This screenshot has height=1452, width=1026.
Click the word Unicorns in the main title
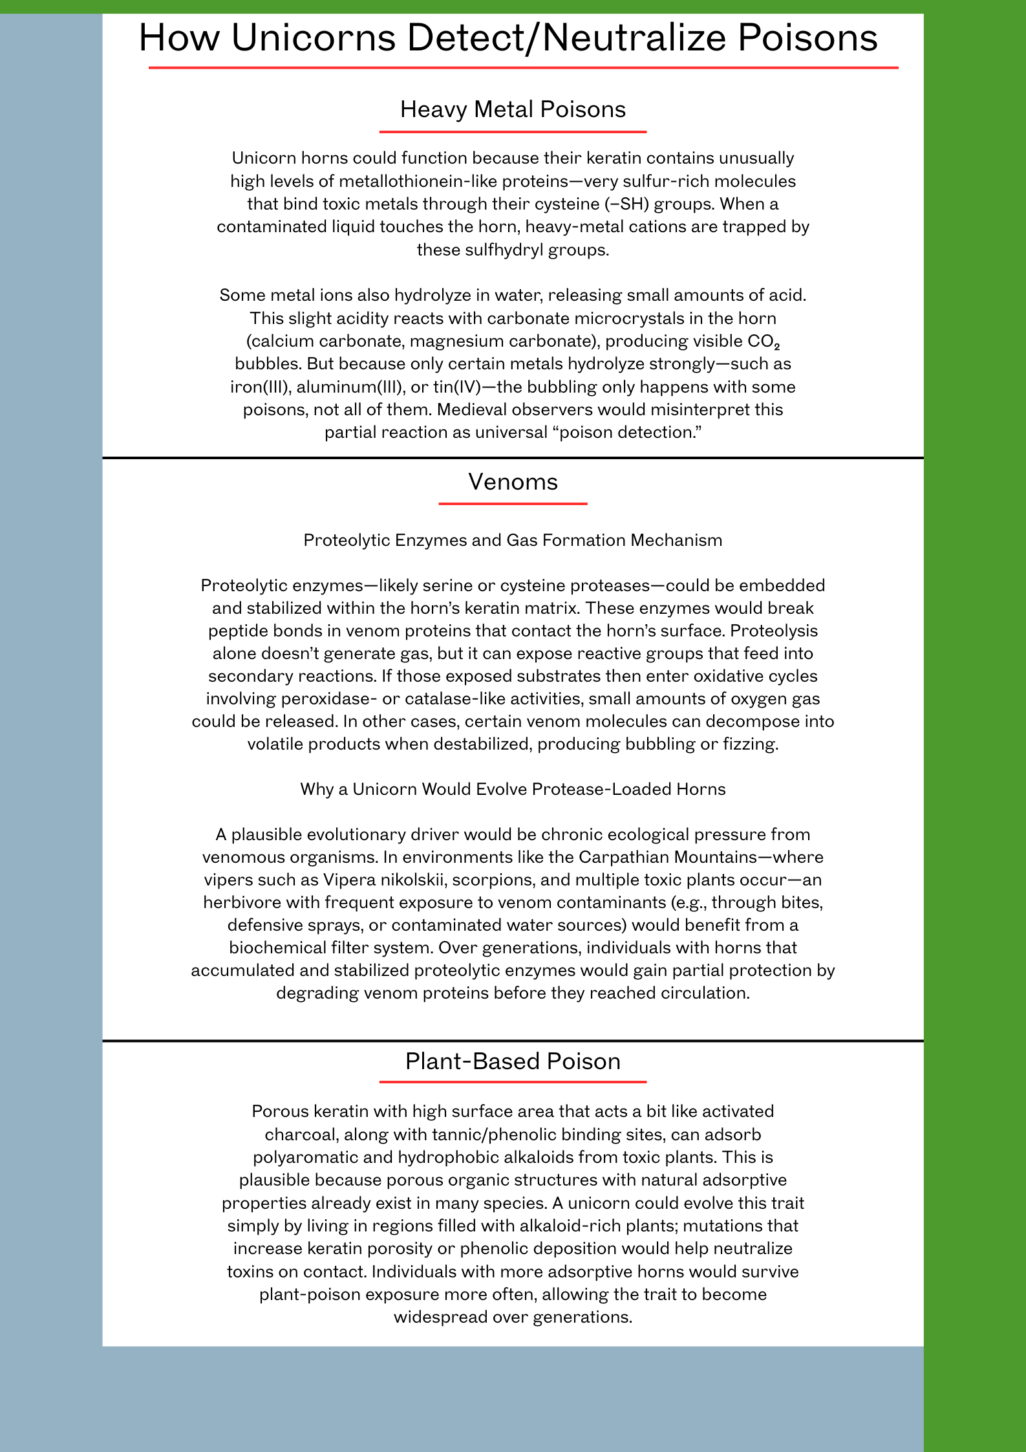pos(314,38)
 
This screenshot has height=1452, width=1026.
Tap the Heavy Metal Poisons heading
pos(513,110)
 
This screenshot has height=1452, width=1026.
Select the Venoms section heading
pos(513,482)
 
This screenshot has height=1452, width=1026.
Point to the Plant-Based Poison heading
pos(513,1061)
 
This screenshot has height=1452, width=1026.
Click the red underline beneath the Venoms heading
pos(513,503)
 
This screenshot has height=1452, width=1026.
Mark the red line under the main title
pos(523,67)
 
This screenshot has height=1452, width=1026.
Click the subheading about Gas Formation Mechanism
pos(513,540)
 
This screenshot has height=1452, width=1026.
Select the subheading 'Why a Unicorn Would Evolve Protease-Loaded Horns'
pos(513,789)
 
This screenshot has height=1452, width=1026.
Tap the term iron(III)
pos(259,387)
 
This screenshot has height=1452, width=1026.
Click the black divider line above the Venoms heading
pos(513,458)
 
